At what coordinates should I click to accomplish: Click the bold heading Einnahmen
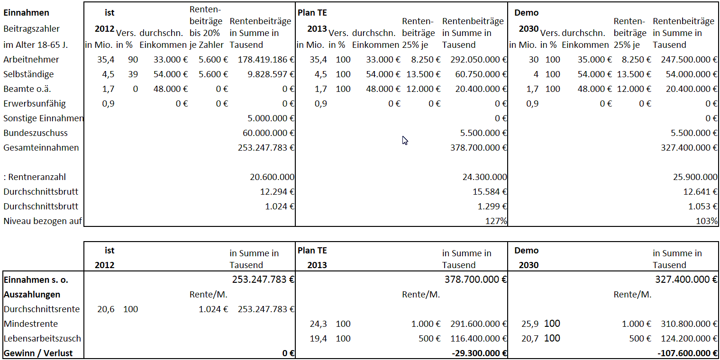[x=27, y=13]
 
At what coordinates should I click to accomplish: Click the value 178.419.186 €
[x=266, y=60]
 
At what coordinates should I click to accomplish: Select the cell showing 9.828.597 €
[x=271, y=74]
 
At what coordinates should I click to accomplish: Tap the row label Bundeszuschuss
[x=36, y=133]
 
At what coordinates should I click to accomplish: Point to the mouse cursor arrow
[x=405, y=140]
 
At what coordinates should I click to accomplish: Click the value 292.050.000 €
[x=478, y=60]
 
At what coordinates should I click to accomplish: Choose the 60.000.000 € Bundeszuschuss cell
[x=268, y=133]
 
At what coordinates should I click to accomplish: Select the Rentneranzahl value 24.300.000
[x=484, y=177]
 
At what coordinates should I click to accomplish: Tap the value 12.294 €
[x=277, y=192]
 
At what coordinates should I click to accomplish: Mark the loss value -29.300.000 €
[x=479, y=353]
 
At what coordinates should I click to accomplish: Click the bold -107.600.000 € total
[x=687, y=353]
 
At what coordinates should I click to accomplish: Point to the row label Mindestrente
[x=31, y=324]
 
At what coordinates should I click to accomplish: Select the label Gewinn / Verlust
[x=38, y=353]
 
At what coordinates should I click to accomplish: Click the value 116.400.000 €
[x=478, y=339]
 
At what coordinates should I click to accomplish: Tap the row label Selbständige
[x=28, y=74]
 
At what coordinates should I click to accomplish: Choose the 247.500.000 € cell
[x=689, y=60]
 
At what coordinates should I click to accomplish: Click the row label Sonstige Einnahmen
[x=44, y=118]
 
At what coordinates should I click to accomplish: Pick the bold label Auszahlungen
[x=32, y=295]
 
